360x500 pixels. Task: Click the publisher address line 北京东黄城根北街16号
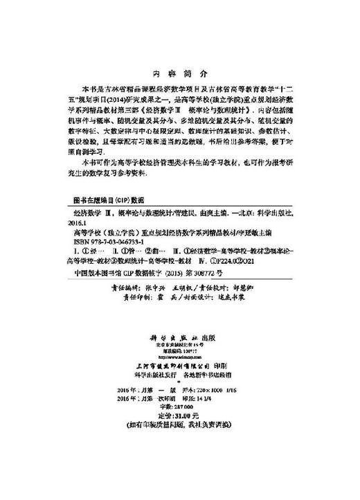179,351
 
